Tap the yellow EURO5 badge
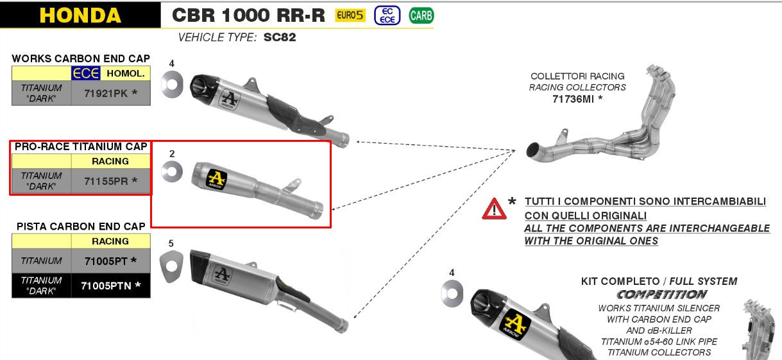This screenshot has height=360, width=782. tap(350, 15)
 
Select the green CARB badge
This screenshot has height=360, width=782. tap(421, 15)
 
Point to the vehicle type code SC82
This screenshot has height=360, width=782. tap(280, 37)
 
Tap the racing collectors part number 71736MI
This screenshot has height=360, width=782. tap(577, 99)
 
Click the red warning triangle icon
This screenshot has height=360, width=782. tap(494, 208)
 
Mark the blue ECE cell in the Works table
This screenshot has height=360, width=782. tap(85, 73)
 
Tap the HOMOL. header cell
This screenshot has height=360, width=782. tap(126, 73)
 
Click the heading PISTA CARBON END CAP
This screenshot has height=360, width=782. tap(81, 226)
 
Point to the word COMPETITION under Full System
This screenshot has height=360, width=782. tap(661, 295)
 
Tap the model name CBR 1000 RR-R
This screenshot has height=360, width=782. tap(249, 15)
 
